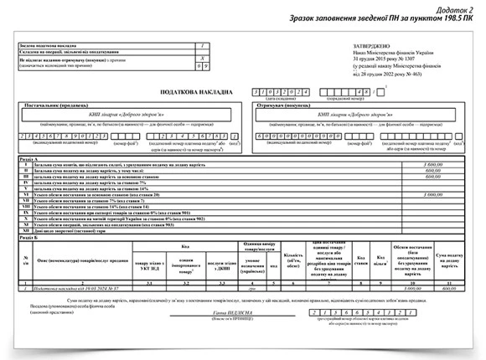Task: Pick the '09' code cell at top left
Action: (x=198, y=64)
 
